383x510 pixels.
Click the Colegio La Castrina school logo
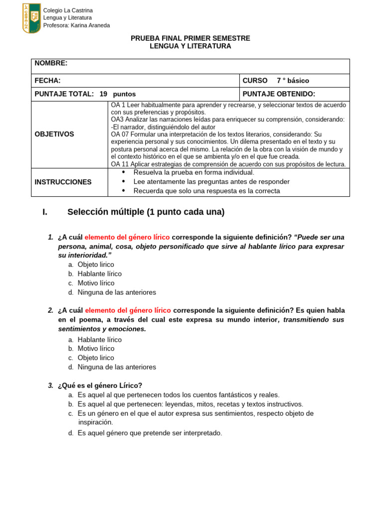[x=31, y=18]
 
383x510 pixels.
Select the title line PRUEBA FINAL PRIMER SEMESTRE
[x=191, y=38]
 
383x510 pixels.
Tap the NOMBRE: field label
[x=51, y=63]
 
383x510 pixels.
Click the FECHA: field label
[x=47, y=81]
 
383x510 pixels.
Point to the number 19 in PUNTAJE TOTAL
[x=104, y=94]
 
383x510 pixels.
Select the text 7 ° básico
[x=293, y=81]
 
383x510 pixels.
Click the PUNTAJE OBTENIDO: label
[x=279, y=94]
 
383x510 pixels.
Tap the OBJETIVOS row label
[x=54, y=134]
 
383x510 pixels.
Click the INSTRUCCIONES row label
[x=63, y=182]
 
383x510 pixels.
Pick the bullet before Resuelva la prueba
[x=124, y=172]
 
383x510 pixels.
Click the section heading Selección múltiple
[x=146, y=212]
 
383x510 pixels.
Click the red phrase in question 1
[x=127, y=237]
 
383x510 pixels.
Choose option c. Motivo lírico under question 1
[x=96, y=283]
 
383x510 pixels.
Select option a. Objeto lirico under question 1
[x=96, y=265]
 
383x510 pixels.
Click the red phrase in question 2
[x=128, y=310]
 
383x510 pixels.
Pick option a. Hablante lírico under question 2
[x=99, y=340]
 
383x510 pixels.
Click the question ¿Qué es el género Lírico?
[x=100, y=385]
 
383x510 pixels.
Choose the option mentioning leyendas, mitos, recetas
[x=190, y=404]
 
